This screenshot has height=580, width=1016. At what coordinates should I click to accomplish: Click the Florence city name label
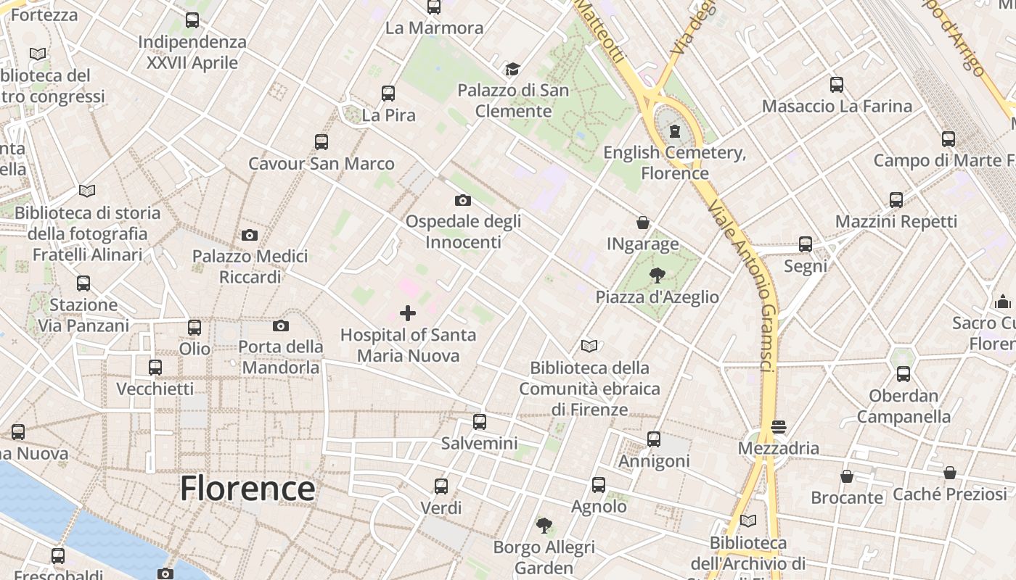click(x=247, y=489)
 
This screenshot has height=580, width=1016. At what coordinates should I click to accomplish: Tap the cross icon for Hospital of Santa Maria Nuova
click(x=408, y=313)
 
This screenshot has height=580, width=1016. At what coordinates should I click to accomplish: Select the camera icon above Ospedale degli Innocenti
click(x=462, y=200)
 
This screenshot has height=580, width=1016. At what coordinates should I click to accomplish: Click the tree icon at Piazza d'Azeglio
click(x=657, y=275)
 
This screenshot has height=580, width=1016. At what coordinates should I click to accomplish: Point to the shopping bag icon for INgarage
click(x=642, y=223)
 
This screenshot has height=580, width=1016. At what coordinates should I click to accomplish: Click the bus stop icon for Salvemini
click(x=479, y=422)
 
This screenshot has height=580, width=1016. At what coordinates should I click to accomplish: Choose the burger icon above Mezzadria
click(x=779, y=427)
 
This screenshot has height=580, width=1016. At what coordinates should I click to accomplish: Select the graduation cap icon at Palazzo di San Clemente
click(x=513, y=69)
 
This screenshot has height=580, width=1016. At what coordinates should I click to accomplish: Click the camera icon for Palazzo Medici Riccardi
click(x=249, y=235)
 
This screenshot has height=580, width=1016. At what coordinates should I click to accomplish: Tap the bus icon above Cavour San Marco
click(x=321, y=142)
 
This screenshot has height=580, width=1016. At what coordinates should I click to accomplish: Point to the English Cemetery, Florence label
click(x=675, y=163)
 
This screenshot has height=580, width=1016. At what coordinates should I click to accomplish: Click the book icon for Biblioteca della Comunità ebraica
click(x=589, y=347)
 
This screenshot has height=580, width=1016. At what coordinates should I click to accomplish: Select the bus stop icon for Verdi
click(x=441, y=486)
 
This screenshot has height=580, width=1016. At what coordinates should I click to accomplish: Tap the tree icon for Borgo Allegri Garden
click(x=544, y=526)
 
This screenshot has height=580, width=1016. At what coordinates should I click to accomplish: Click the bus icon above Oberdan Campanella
click(x=903, y=374)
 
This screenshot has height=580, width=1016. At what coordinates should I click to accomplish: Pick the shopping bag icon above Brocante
click(x=846, y=476)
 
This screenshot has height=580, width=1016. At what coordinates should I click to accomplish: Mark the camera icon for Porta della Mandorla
click(x=281, y=326)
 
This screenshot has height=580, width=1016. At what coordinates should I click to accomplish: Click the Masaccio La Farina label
click(x=837, y=106)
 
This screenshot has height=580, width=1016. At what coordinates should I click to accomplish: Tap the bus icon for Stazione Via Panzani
click(x=83, y=283)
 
